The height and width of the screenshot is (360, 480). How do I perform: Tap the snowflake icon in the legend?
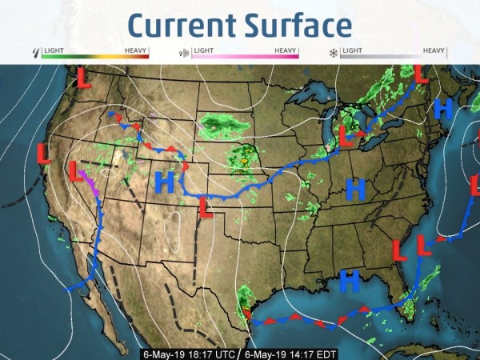coord(333,54)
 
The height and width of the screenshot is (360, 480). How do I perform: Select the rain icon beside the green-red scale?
coord(34,54)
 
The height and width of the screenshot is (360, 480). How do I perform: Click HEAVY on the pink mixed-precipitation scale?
coord(286,50)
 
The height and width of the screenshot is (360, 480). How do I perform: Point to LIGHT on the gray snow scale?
coord(353,50)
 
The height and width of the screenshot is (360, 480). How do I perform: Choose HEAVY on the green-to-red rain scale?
coord(137,50)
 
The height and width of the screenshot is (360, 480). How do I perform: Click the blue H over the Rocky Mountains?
coord(164,182)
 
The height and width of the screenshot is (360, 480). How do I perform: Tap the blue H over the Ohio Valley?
coord(355,189)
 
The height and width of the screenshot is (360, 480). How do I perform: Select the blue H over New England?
coord(442,108)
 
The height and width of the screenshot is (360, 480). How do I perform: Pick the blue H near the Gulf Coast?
coord(349,280)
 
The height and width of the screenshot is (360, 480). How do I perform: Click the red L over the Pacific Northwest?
coord(83,78)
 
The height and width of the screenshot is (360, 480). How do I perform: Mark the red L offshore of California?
coord(44,154)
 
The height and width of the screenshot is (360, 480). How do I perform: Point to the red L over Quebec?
coord(419,73)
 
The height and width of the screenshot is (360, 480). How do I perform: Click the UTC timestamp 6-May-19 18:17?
coord(189,353)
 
